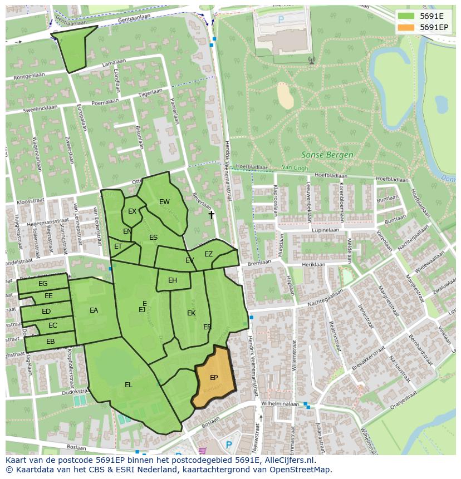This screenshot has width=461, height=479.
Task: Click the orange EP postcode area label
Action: coord(214,378)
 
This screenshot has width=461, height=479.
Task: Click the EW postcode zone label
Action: coord(164,202)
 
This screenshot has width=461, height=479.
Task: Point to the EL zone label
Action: coord(129,384)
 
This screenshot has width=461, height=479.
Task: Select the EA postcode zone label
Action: coord(94,310)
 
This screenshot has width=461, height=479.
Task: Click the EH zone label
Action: coord(173,280)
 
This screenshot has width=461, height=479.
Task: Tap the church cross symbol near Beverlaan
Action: coord(211,214)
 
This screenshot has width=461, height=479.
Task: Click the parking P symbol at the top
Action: coord(281,19)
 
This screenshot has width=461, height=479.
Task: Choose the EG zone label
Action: coord(43,284)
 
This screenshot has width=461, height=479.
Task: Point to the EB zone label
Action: coord(50,342)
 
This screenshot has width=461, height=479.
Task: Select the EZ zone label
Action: coord(208,254)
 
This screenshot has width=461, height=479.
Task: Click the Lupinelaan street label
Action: coord(325,229)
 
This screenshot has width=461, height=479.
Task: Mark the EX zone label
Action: coord(132,211)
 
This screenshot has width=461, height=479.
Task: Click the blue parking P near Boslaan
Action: coord(228,445)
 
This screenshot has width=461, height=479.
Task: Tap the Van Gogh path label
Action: coord(295,167)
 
